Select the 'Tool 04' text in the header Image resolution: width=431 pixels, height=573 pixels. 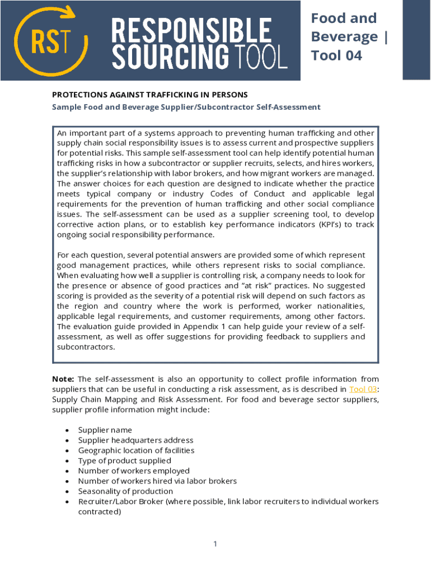[336, 55]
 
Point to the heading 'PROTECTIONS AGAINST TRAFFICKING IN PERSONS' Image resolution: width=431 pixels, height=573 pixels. [149, 95]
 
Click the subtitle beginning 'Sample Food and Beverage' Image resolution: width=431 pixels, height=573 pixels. [186, 107]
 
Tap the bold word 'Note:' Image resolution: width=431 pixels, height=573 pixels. [63, 379]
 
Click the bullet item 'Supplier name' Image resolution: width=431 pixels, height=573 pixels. [105, 430]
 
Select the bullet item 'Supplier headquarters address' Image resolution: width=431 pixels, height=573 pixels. [135, 440]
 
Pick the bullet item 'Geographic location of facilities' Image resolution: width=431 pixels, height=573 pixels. [136, 450]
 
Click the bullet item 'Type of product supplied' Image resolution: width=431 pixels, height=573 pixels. [124, 461]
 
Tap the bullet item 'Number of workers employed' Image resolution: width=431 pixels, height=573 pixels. [134, 471]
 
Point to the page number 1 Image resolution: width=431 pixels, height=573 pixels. [215, 544]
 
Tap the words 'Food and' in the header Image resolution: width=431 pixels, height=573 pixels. [344, 18]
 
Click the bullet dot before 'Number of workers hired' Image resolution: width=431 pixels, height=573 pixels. [67, 481]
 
